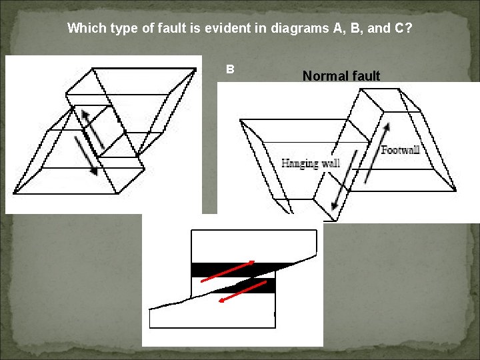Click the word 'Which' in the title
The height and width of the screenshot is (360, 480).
(x=83, y=29)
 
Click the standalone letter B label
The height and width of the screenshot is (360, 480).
(x=230, y=69)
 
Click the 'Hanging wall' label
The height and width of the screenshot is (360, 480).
(x=311, y=163)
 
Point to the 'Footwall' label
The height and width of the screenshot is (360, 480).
(x=401, y=150)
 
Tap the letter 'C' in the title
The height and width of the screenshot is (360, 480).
(x=400, y=29)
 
